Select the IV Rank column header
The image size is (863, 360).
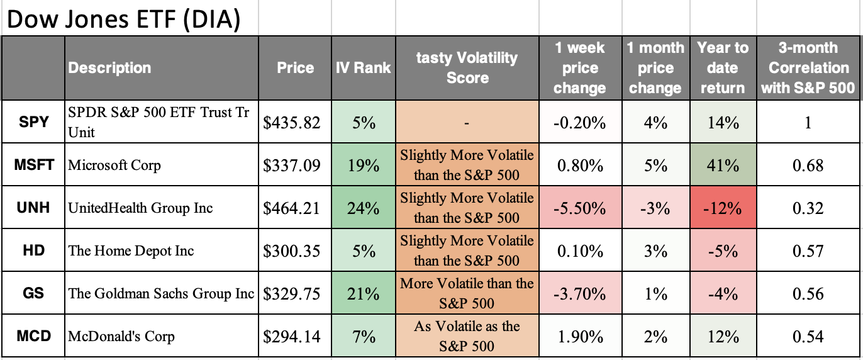(x=363, y=68)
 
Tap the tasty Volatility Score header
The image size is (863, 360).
(x=467, y=68)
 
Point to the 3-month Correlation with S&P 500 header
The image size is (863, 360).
(x=808, y=68)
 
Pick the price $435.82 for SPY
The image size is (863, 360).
(x=292, y=122)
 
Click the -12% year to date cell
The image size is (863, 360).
(x=722, y=208)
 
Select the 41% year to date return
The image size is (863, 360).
(x=722, y=165)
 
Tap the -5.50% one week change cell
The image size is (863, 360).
(x=579, y=208)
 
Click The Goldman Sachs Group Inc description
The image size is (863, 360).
(x=162, y=293)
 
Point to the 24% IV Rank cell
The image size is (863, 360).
(x=363, y=208)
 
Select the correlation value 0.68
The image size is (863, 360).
(x=808, y=165)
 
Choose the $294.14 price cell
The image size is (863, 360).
(x=292, y=336)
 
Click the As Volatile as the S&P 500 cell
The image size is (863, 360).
(x=467, y=336)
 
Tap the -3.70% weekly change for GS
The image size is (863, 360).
(x=579, y=293)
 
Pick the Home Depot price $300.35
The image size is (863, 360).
(x=292, y=250)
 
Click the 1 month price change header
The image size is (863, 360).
(x=655, y=68)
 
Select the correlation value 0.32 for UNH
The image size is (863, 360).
(x=808, y=208)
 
